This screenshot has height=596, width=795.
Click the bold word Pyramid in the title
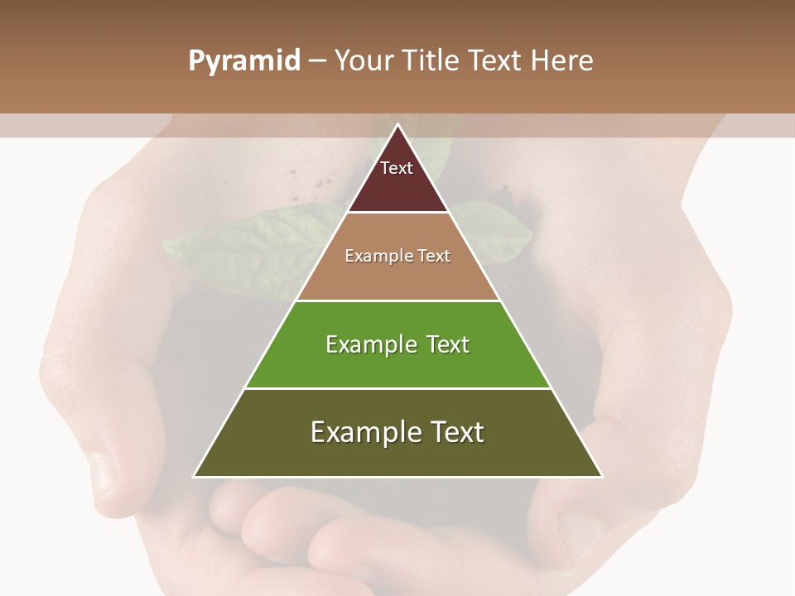(244, 61)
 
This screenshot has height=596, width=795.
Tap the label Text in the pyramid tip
(397, 168)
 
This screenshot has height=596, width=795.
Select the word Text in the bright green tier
(447, 344)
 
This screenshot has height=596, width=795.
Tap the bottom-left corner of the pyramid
(195, 476)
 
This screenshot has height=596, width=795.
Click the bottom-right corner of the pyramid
(601, 476)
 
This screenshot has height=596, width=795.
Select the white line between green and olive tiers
(397, 388)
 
